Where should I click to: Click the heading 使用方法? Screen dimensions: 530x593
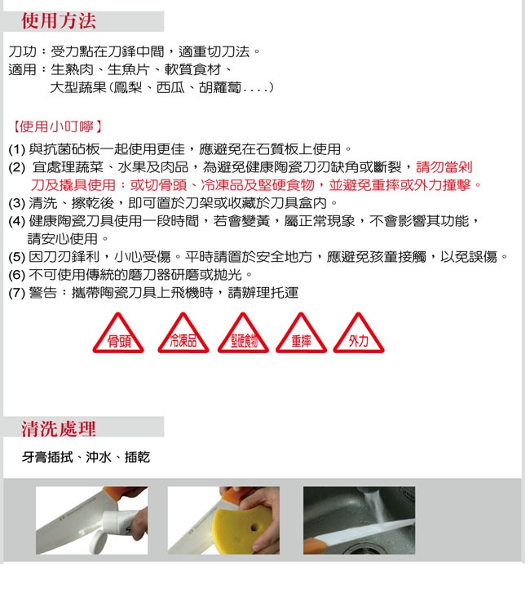[59, 21]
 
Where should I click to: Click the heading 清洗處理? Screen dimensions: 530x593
[59, 429]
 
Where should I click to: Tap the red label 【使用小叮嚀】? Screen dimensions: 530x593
[57, 126]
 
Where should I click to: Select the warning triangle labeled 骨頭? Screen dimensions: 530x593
[118, 333]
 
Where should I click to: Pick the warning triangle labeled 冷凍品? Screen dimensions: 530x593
[183, 333]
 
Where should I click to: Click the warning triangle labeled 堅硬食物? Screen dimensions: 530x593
[243, 333]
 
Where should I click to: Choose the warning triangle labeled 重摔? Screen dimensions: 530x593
[302, 333]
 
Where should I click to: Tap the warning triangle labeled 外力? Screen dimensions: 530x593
[359, 333]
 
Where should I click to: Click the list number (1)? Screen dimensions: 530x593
[16, 149]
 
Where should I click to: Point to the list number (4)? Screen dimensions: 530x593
[16, 221]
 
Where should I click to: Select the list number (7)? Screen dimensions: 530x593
[16, 293]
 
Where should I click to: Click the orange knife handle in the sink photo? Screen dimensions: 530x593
[315, 547]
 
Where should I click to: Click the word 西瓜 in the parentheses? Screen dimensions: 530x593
[170, 88]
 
